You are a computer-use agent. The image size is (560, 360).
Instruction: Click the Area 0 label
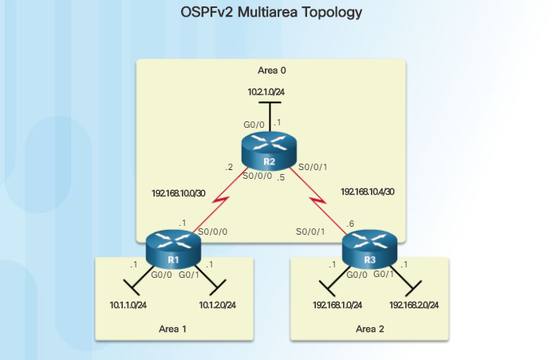271,70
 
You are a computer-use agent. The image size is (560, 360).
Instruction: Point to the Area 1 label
172,328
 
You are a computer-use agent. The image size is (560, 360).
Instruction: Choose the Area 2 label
369,328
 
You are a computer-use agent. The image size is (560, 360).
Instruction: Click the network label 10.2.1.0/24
266,93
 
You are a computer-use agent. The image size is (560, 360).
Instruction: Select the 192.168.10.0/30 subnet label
177,193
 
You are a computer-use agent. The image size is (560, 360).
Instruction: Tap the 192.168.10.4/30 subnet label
367,192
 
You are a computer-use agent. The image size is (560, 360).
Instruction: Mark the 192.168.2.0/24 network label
416,304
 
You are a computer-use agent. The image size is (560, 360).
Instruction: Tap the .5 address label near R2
281,177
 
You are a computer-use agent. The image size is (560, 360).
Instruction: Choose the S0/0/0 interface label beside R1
211,231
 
